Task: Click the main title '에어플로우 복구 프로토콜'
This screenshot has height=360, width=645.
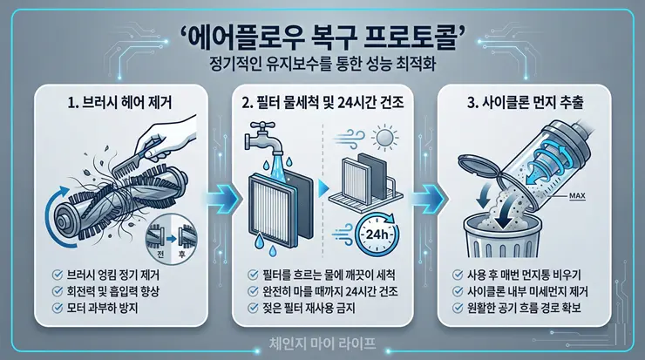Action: pos(322,37)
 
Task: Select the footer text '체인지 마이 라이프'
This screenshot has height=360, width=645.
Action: pos(322,343)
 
